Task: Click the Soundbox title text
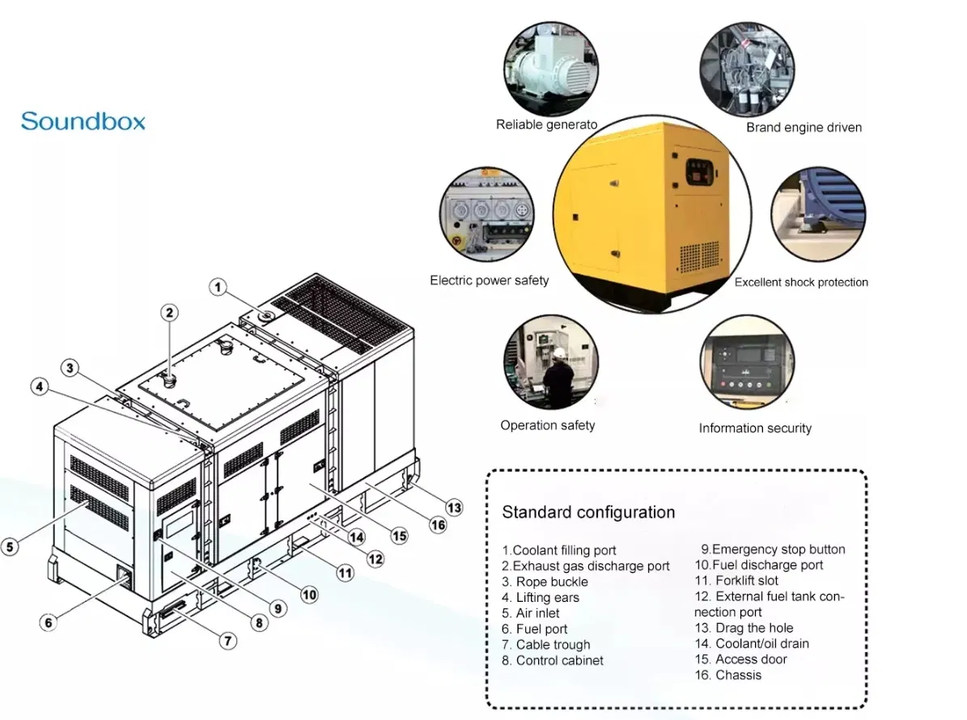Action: click(x=83, y=121)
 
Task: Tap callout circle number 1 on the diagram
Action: click(x=218, y=286)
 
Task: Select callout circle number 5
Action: click(x=10, y=547)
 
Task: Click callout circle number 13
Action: click(x=455, y=507)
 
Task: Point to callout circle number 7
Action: click(x=229, y=641)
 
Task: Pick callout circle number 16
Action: click(x=438, y=525)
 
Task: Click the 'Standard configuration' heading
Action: click(x=588, y=512)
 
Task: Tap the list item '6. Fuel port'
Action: click(x=535, y=629)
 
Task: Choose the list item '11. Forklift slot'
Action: click(x=736, y=580)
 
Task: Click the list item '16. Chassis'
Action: click(x=728, y=675)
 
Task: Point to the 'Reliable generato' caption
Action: click(x=547, y=125)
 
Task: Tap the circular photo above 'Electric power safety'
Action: click(x=487, y=216)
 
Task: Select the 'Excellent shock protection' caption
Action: click(x=801, y=282)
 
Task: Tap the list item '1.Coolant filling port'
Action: click(x=559, y=550)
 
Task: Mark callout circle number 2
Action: click(x=169, y=313)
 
